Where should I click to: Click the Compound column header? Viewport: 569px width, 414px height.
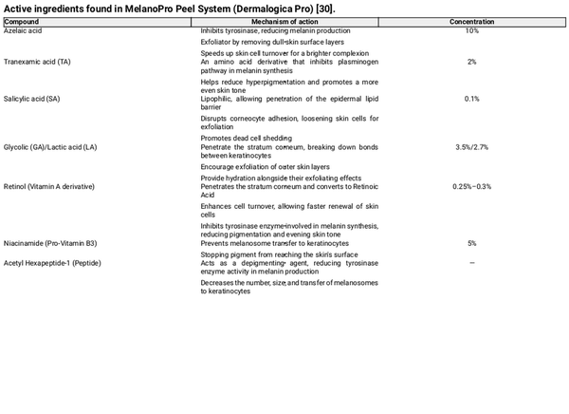tap(22, 21)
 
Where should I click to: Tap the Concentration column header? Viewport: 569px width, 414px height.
tap(471, 21)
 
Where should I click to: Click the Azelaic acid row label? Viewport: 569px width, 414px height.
tap(24, 30)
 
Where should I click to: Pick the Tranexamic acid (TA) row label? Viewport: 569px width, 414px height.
tap(37, 62)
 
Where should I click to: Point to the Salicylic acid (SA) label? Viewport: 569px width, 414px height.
tap(32, 99)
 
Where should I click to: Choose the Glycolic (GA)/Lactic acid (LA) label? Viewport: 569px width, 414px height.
tap(50, 148)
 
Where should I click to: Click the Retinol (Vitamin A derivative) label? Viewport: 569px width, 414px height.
tap(49, 186)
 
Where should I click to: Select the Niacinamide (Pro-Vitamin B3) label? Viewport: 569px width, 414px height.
tap(50, 243)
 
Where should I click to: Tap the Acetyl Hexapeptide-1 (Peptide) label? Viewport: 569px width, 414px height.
tap(52, 262)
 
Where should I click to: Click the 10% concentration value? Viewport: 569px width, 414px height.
tap(471, 30)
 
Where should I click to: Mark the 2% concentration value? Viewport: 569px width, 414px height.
tap(471, 62)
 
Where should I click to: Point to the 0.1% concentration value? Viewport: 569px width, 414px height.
tap(471, 99)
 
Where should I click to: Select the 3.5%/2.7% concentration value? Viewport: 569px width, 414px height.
tap(471, 148)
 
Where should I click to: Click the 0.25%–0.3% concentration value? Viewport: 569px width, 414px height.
tap(471, 186)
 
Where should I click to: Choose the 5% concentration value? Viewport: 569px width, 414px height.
tap(471, 243)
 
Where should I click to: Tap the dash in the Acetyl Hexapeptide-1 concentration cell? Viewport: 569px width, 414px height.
tap(471, 262)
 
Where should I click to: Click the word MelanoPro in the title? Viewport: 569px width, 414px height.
tap(149, 8)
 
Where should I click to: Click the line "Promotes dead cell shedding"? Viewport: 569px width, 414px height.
tap(246, 138)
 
